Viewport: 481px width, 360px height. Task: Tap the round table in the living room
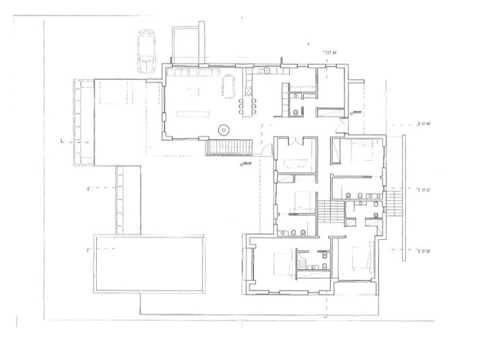point(222,129)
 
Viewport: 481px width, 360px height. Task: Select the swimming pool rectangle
point(149,262)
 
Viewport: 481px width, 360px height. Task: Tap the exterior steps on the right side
point(393,202)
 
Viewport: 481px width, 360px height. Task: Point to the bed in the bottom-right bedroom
point(358,259)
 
